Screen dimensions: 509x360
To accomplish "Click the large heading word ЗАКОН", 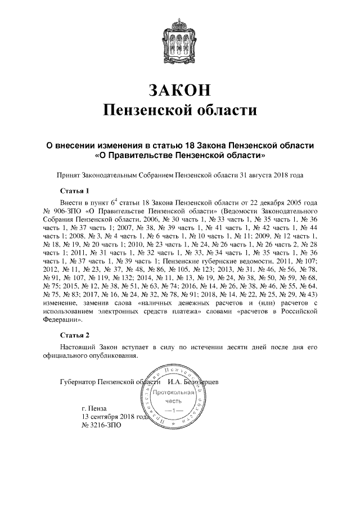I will click(180, 90).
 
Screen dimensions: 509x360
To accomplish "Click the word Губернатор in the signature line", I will click(78, 383).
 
